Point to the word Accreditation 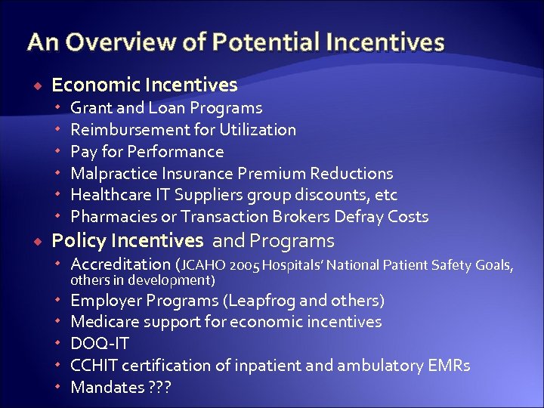tap(120, 264)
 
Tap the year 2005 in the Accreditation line tap(246, 264)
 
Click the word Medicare tap(104, 322)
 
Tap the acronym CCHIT tap(94, 366)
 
